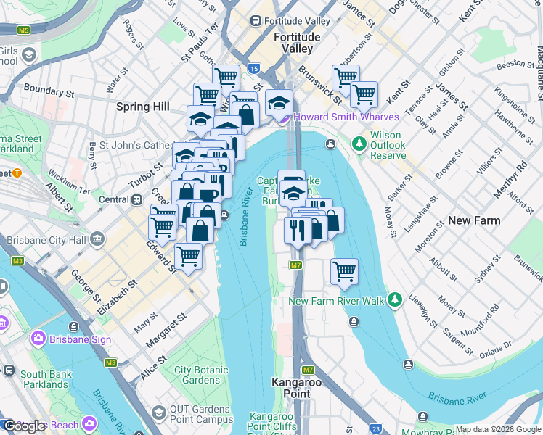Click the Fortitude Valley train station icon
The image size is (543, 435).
tap(256, 21)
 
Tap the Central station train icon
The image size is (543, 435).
tap(136, 199)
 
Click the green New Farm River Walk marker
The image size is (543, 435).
tap(394, 299)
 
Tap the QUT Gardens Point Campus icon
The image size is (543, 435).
tap(159, 413)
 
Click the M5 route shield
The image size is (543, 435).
tap(24, 30)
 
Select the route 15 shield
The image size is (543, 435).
tap(253, 68)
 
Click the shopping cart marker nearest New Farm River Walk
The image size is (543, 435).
tap(344, 271)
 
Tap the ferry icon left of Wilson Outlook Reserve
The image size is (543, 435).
tap(330, 144)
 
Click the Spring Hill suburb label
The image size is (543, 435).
tap(143, 107)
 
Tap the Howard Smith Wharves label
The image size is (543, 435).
tap(345, 117)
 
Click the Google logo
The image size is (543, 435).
tap(23, 426)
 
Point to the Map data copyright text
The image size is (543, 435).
tap(497, 429)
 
